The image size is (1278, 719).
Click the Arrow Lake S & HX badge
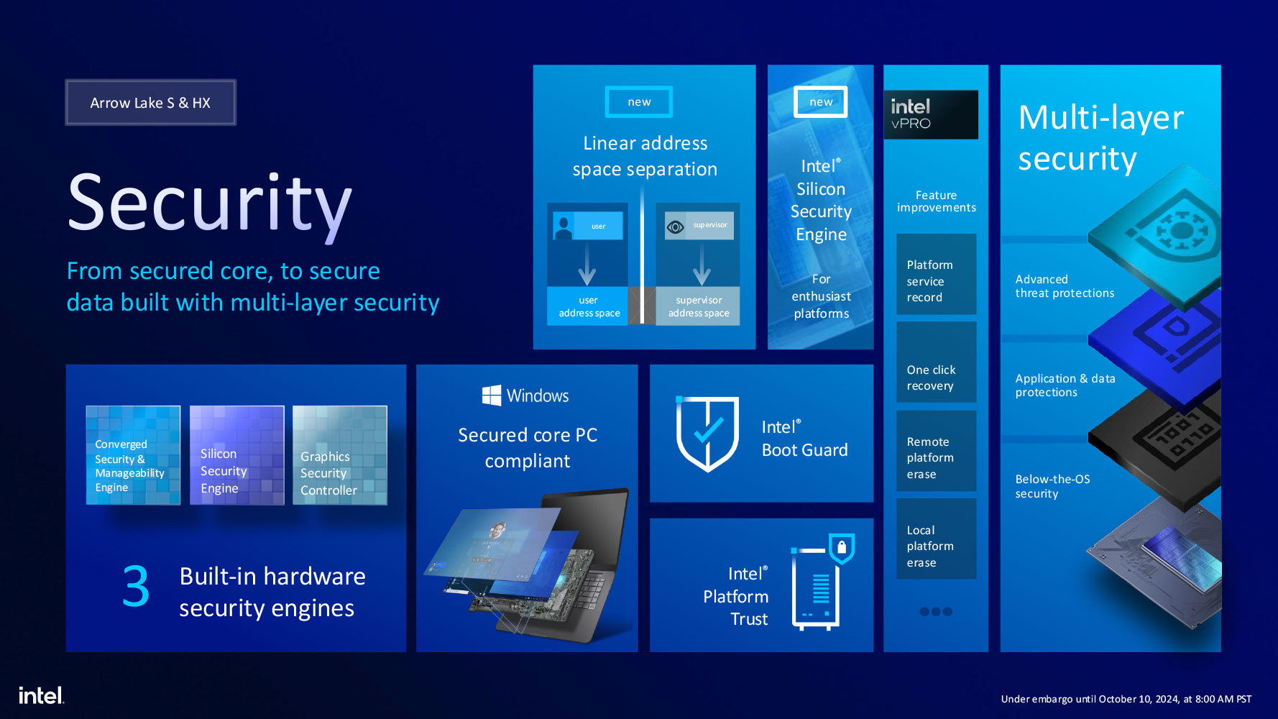coord(150,102)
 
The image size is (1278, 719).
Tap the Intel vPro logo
coord(931,114)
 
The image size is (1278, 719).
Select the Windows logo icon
coord(492,395)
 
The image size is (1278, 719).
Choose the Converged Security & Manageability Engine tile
coord(133,455)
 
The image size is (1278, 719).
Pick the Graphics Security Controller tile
coord(340,455)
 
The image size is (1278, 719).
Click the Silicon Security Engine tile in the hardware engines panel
coord(236,455)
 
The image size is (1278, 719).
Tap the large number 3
coord(136,586)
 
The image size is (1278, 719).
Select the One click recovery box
coord(937,362)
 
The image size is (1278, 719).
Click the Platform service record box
coord(937,274)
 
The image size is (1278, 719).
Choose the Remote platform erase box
coord(937,451)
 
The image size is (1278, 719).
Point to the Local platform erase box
coord(937,539)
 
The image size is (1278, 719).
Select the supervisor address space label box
coord(698,306)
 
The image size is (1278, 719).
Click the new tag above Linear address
coord(639,102)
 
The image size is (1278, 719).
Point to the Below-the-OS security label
coord(1052,486)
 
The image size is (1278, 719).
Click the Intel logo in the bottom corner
coord(41,695)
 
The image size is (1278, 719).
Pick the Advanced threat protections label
coord(1065,286)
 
